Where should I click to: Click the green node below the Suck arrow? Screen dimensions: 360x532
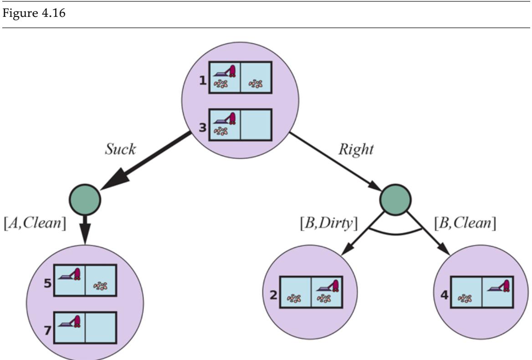[85, 199]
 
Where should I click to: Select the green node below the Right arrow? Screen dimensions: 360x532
[395, 199]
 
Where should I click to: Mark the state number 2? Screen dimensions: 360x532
[273, 294]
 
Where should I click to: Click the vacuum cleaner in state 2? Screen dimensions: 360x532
[331, 286]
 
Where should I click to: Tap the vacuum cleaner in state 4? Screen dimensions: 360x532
[500, 284]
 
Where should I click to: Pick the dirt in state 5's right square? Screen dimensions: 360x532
[101, 286]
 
